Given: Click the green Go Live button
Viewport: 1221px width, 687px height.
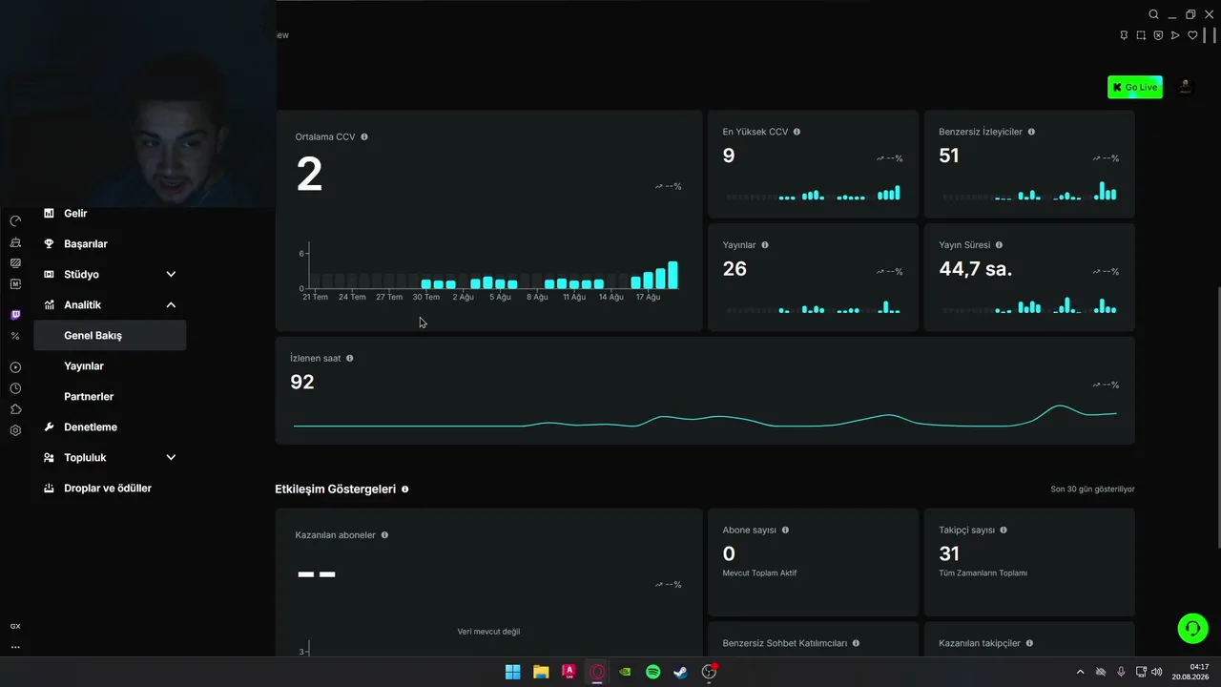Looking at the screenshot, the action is [x=1135, y=87].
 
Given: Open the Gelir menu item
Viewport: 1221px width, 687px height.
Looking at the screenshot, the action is [x=75, y=213].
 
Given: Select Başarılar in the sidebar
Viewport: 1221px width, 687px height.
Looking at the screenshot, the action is [x=86, y=243].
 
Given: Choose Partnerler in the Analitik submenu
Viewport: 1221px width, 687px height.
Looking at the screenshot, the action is [x=89, y=396].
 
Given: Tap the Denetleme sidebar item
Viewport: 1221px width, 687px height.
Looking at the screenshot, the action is [x=91, y=427].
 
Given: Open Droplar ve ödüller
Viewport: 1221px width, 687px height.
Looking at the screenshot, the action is [x=108, y=488].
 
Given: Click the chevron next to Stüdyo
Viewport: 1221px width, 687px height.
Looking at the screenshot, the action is [x=171, y=274].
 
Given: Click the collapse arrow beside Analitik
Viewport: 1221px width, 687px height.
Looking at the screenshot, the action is [x=171, y=304].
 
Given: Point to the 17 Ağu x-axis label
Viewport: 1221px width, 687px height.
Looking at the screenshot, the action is [x=648, y=297].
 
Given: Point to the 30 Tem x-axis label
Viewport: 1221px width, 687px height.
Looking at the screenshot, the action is [x=425, y=297].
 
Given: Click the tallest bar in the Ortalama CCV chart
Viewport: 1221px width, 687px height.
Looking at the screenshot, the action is [x=673, y=275].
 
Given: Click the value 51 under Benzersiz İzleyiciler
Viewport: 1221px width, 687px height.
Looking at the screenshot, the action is [x=949, y=156].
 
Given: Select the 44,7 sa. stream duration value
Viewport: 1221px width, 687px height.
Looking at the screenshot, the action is [x=975, y=269].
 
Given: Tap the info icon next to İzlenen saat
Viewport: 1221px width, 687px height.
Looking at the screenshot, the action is [x=350, y=358].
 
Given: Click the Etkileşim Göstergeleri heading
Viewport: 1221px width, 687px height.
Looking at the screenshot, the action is [x=335, y=489].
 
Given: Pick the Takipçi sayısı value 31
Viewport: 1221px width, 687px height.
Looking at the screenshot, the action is [x=949, y=554].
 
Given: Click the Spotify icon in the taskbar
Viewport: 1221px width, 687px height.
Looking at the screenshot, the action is [x=652, y=672].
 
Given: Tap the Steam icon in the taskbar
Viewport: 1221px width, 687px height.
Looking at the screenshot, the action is [x=680, y=672].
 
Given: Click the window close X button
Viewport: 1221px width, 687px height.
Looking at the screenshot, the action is [x=1209, y=14].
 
